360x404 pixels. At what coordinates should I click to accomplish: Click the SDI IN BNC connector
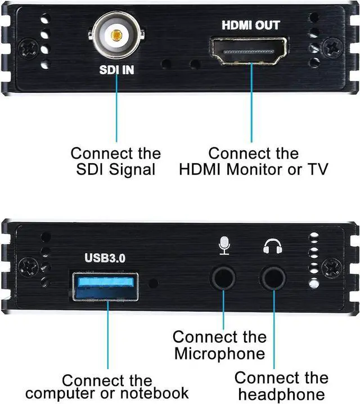click(116, 37)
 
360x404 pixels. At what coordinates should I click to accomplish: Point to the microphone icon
click(224, 245)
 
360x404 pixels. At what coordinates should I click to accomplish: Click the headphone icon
click(273, 245)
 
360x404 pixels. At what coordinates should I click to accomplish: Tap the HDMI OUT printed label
click(250, 25)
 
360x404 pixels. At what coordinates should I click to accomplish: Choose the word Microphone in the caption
click(219, 354)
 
